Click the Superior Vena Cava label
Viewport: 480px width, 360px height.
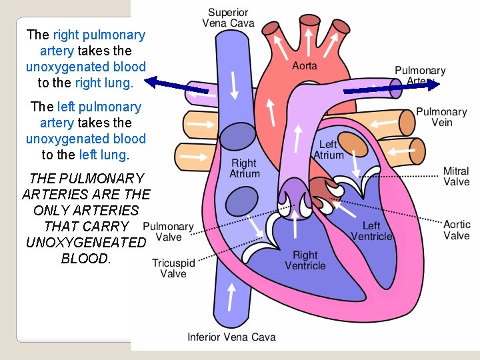tap(228, 18)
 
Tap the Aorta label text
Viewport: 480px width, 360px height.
tap(305, 65)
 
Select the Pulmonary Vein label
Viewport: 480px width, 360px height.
tap(441, 117)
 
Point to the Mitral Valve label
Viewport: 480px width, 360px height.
tap(456, 176)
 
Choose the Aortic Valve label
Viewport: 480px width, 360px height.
tap(457, 230)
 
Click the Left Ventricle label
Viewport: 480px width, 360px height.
tap(371, 231)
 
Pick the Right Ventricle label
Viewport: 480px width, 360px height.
tap(305, 260)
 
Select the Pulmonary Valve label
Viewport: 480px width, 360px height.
tap(168, 232)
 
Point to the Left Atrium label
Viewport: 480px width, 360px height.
tap(329, 149)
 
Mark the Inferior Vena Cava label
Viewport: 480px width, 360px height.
tap(231, 337)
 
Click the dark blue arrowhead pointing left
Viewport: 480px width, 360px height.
tap(152, 82)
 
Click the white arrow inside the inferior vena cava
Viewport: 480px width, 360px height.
tap(231, 295)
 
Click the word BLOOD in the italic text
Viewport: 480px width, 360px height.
tap(85, 259)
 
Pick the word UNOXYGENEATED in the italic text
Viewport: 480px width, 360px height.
tap(85, 243)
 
